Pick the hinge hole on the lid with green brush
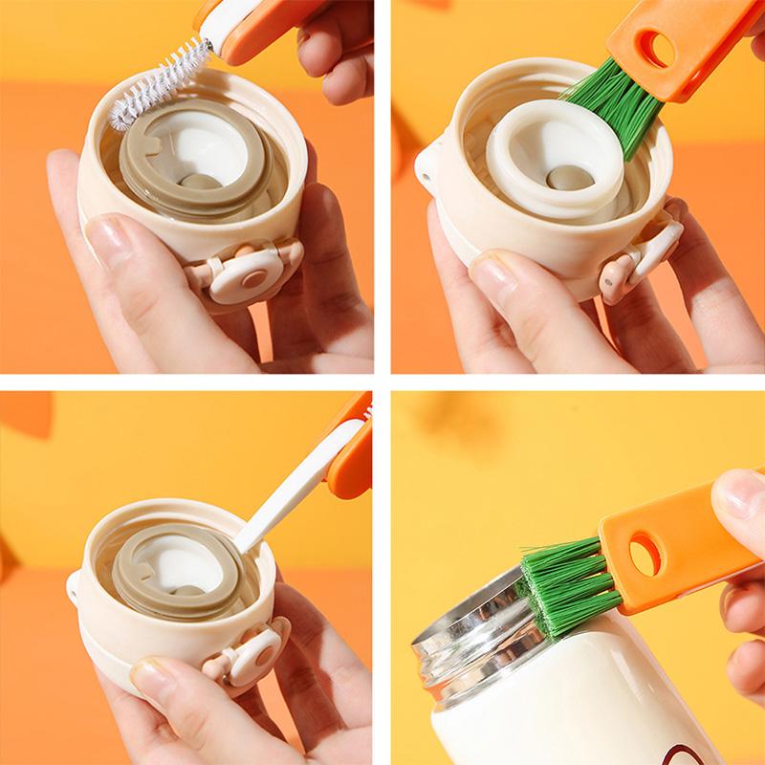(x=423, y=172)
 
